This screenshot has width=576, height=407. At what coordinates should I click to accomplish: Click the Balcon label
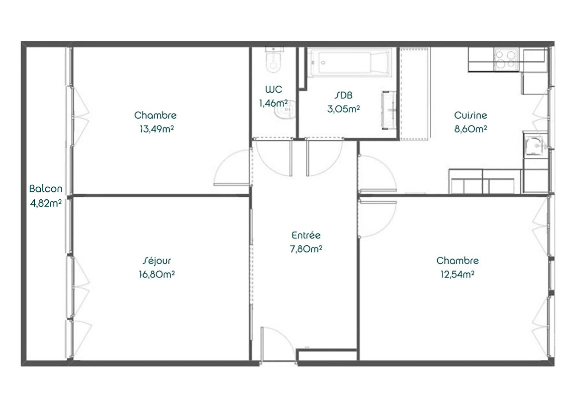click(46, 188)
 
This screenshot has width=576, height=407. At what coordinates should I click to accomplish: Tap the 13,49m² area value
click(156, 129)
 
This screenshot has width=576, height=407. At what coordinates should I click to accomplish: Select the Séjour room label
click(157, 260)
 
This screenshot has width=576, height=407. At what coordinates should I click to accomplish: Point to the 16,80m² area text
click(156, 274)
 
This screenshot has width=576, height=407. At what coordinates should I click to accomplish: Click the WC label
click(273, 90)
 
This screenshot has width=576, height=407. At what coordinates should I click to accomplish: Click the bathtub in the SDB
click(349, 63)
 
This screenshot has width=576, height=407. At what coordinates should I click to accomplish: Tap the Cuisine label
click(470, 115)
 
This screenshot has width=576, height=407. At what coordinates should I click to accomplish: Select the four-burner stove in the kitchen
click(505, 60)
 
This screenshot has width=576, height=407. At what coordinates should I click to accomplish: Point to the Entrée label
click(306, 236)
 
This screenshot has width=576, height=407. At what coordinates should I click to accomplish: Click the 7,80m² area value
click(306, 249)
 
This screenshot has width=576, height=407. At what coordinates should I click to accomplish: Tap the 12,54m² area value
click(457, 274)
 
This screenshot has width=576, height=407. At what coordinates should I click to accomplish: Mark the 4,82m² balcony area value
click(46, 203)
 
